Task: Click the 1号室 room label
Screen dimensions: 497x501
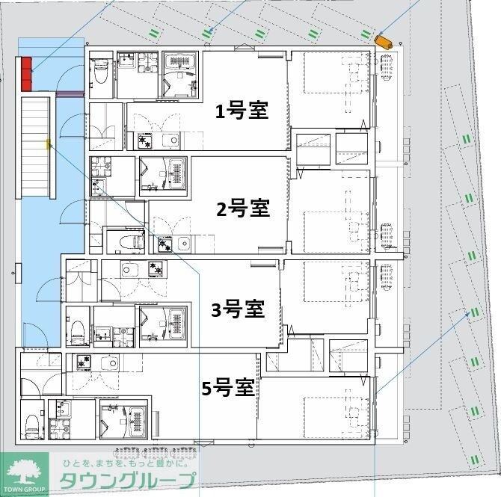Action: (x=242, y=112)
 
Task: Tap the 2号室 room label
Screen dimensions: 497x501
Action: (x=242, y=209)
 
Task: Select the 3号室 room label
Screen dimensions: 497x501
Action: (x=237, y=308)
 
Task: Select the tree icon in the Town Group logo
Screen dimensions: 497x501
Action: (x=24, y=472)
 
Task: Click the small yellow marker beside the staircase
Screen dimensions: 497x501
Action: (x=49, y=143)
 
